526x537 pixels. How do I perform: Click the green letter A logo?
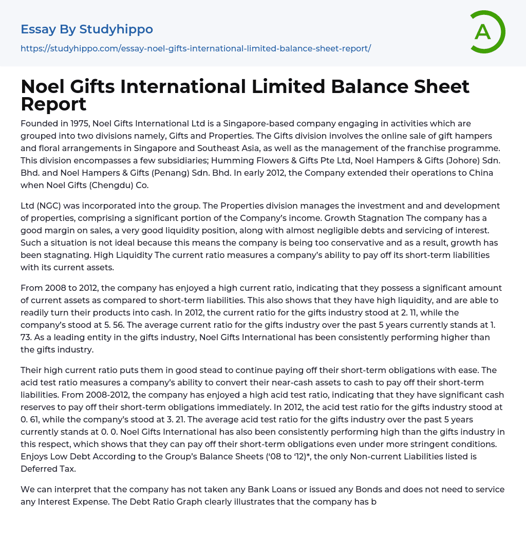[487, 32]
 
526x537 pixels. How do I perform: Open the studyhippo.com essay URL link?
[196, 48]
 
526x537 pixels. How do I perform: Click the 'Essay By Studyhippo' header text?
[87, 29]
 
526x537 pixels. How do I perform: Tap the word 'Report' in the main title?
[53, 104]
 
